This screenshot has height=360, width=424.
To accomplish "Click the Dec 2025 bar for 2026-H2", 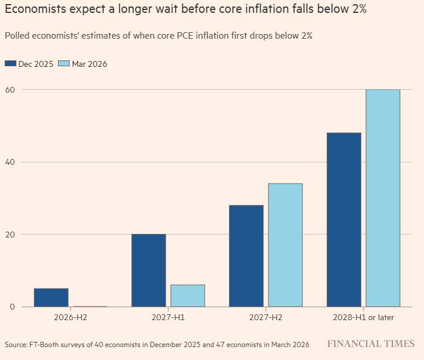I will (51, 297).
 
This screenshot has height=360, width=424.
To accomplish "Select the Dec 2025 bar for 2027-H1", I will (149, 270).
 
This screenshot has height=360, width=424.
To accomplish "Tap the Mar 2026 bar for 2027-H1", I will (187, 296).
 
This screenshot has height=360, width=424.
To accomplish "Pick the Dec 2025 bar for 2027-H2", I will (246, 256).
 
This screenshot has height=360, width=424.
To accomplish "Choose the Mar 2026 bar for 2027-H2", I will (285, 245).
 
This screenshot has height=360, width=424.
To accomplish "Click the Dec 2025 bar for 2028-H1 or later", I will (344, 219).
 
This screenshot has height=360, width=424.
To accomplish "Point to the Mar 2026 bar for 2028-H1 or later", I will (383, 198).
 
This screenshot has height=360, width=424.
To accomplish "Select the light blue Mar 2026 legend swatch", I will (64, 64).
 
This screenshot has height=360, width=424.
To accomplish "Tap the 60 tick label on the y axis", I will (10, 89).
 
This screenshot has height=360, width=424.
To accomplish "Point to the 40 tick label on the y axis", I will (10, 162).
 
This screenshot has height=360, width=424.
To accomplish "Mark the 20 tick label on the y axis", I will (10, 234).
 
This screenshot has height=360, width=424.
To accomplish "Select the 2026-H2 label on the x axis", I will (70, 317).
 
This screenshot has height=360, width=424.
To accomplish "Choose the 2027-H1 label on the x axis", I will (168, 317).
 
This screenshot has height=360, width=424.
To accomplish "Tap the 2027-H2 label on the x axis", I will (266, 317).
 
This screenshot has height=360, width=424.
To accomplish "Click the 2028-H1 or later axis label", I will (363, 317).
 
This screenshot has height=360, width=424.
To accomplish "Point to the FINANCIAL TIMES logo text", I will (371, 344).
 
